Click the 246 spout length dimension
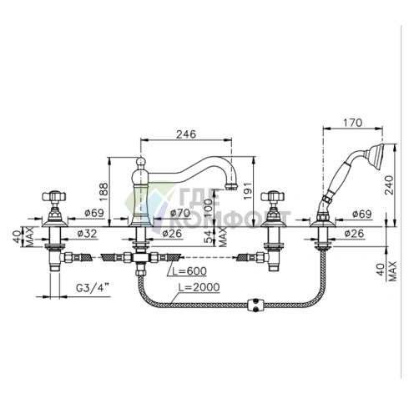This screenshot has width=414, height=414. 186,134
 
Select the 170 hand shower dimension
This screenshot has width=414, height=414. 353,123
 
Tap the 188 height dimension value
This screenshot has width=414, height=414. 103,192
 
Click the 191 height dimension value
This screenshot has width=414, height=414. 247,190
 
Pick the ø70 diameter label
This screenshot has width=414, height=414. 180,213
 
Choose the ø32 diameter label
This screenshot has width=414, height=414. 87,234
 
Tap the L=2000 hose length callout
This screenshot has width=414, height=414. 199,287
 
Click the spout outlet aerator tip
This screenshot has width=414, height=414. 231,186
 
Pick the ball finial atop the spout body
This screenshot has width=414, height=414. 141,161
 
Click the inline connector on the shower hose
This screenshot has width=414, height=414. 255,304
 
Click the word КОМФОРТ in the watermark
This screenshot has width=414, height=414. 230,220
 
